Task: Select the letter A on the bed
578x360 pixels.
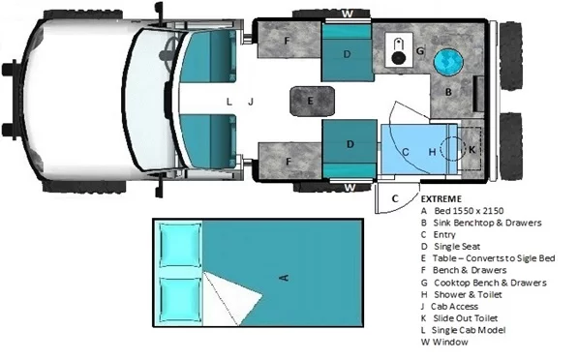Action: (x=284, y=278)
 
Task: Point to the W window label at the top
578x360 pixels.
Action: (x=348, y=14)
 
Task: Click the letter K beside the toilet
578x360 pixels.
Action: (x=472, y=150)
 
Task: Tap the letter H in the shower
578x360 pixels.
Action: (x=432, y=151)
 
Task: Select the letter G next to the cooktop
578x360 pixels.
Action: (x=420, y=51)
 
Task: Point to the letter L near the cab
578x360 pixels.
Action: (x=228, y=100)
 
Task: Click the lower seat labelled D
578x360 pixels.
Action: (x=348, y=144)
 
